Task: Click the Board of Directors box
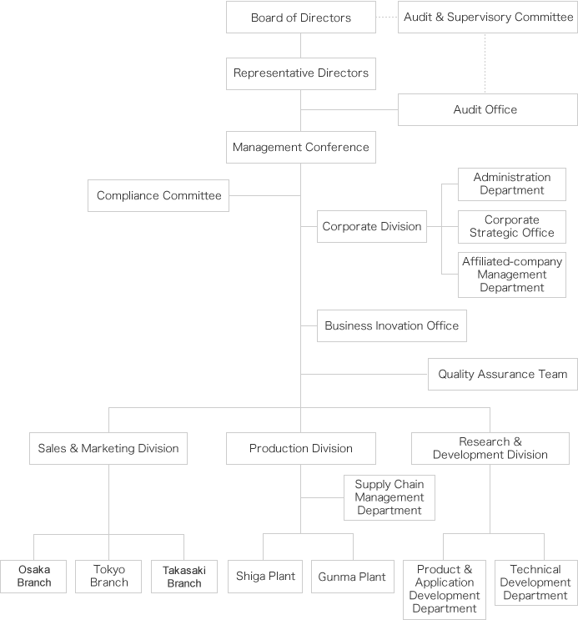point(301,18)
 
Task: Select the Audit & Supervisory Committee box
point(488,18)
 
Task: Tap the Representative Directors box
point(301,74)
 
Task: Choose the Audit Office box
point(488,110)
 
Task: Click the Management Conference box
point(301,147)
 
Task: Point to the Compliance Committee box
point(158,196)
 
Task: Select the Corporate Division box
point(372,227)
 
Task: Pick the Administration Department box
point(512,184)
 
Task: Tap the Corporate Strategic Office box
point(512,227)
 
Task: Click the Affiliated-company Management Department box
point(512,275)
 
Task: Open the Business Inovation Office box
point(392,325)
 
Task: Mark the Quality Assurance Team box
point(503,375)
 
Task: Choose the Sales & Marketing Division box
point(108,448)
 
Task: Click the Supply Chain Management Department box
point(390,498)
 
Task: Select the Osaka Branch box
point(33,577)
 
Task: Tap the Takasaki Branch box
point(184,577)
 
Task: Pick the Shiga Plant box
point(265,577)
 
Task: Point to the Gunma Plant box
point(353,577)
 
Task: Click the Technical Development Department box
point(535,582)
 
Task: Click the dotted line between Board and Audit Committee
point(387,18)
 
